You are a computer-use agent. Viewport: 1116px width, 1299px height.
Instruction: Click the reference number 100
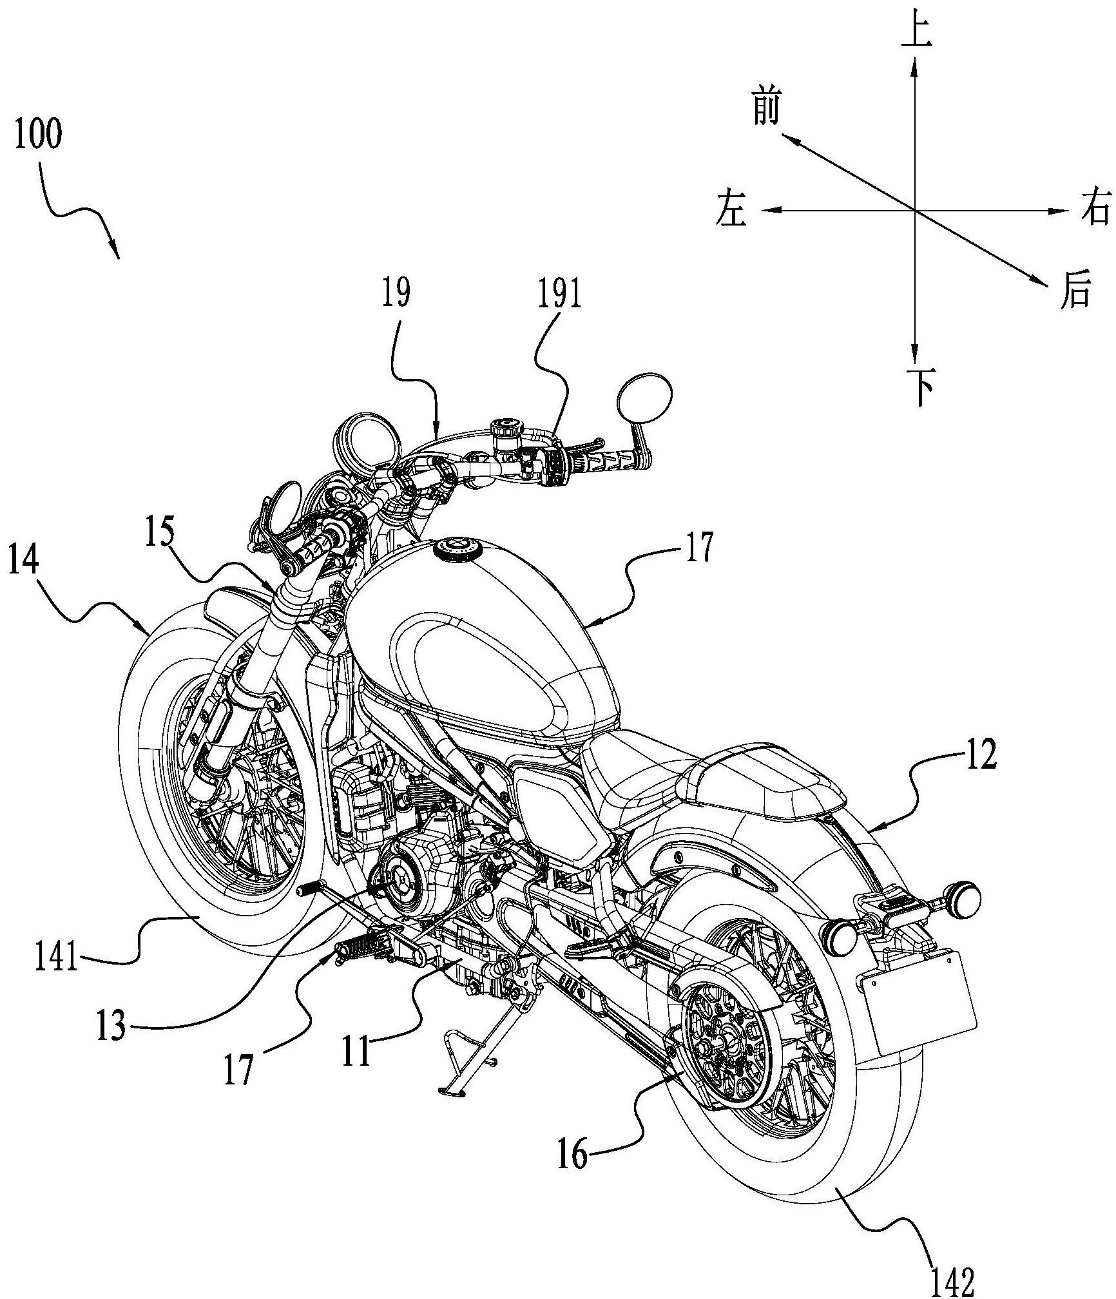click(x=39, y=135)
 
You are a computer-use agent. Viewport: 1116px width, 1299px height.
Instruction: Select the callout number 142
click(x=953, y=1280)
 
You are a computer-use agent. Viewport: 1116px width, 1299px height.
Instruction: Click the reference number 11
click(x=356, y=1051)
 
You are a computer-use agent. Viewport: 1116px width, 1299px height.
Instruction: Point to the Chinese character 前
click(x=767, y=107)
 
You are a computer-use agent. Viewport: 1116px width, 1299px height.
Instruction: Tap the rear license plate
click(x=918, y=1010)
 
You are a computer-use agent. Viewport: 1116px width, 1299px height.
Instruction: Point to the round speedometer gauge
click(x=361, y=446)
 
